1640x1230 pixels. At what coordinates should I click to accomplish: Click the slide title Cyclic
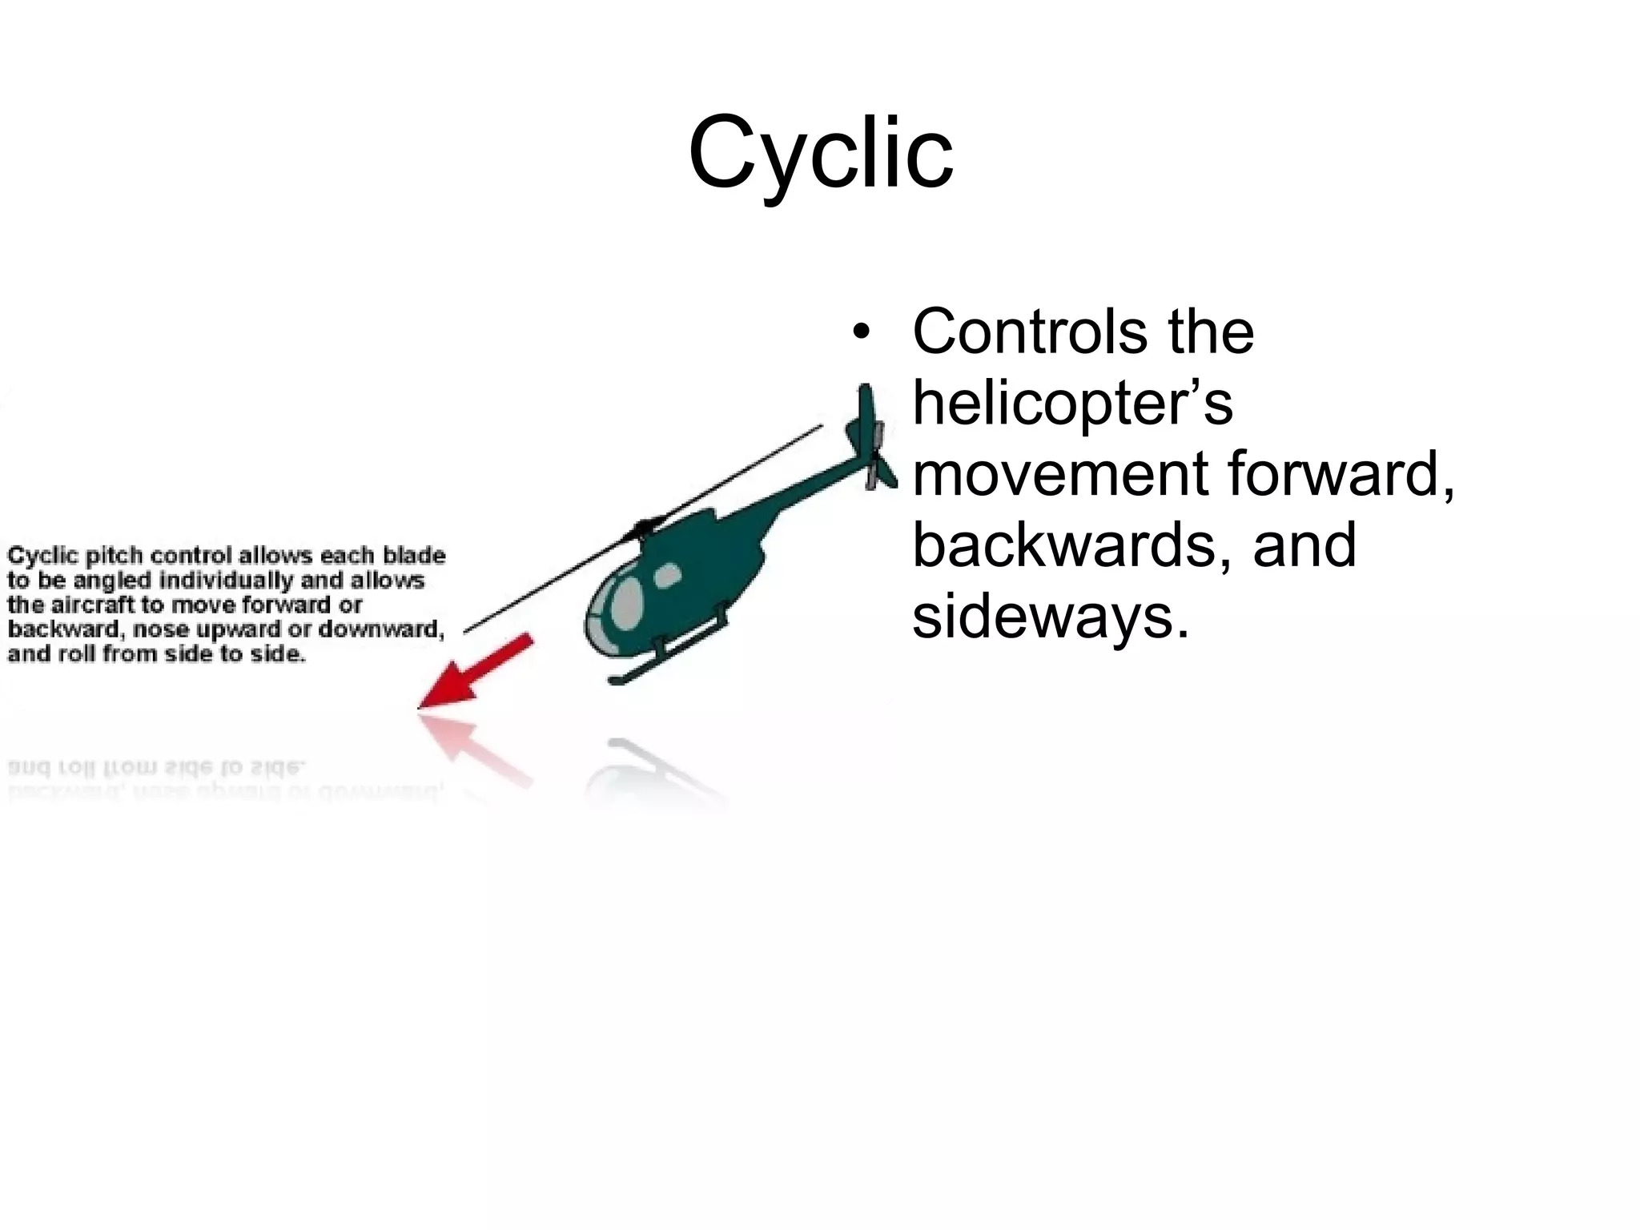(x=820, y=152)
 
